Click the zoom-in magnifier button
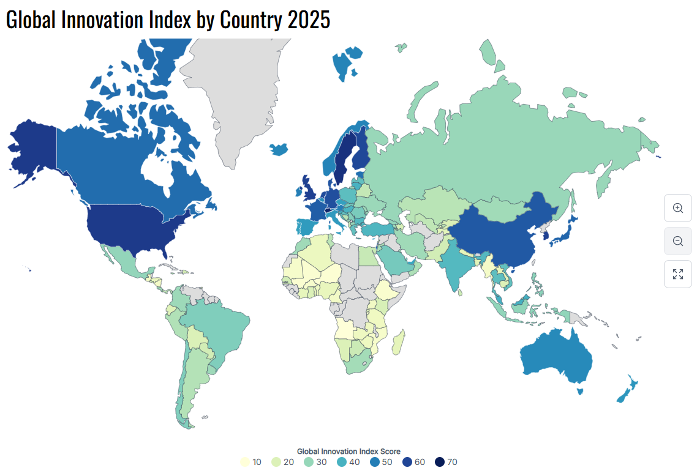click(x=678, y=207)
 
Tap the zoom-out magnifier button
click(x=678, y=241)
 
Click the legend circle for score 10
click(x=245, y=462)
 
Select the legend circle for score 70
click(x=440, y=462)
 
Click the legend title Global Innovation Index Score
click(x=348, y=452)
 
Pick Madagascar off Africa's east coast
click(x=397, y=342)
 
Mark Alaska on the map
click(x=34, y=147)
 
